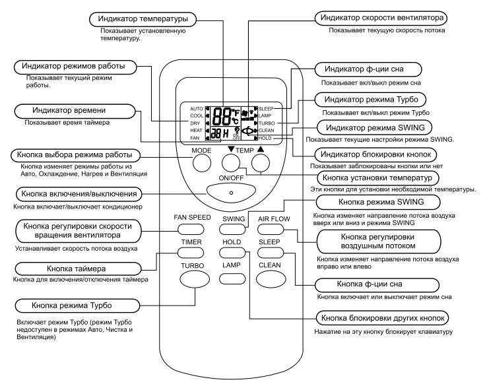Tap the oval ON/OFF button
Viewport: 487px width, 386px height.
tap(230, 192)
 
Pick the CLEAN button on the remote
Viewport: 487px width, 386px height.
tap(270, 282)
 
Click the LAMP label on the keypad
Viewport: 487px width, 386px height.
tap(230, 265)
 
